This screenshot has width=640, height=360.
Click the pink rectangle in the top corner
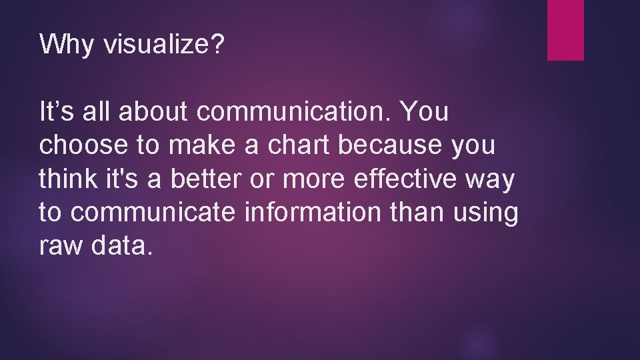(x=565, y=30)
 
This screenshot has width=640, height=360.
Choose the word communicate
(x=154, y=213)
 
